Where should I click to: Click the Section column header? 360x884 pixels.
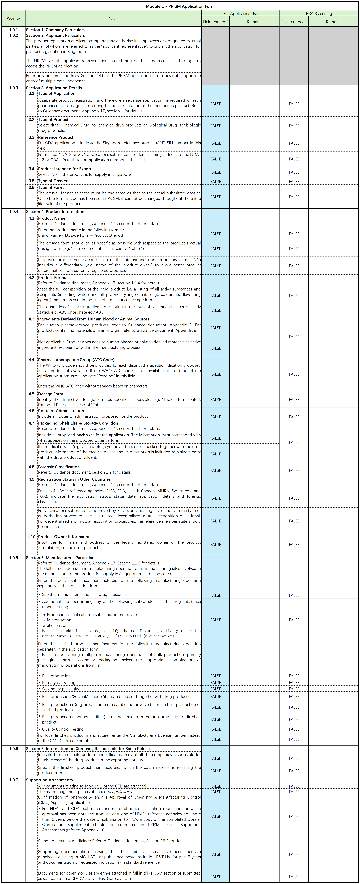click(x=13, y=19)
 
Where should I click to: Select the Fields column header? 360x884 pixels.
click(x=113, y=19)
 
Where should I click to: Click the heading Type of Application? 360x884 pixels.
click(x=57, y=93)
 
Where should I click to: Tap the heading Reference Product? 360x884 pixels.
click(x=56, y=137)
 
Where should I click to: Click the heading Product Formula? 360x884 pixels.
click(x=54, y=278)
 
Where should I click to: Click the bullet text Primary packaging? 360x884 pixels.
click(x=59, y=683)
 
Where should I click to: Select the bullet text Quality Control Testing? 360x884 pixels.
click(x=63, y=729)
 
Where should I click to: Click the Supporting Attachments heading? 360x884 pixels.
click(x=49, y=780)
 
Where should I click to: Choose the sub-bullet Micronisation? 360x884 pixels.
click(x=59, y=620)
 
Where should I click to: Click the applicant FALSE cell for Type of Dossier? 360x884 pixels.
click(x=216, y=182)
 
